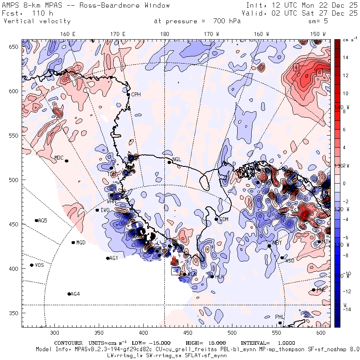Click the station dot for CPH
[x=128, y=95]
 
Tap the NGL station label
[x=177, y=160]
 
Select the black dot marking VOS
[x=32, y=265]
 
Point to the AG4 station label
[x=75, y=294]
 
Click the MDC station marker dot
[x=66, y=161]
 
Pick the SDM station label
[x=224, y=220]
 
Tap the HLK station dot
[x=212, y=276]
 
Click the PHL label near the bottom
[x=279, y=317]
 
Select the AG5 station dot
[x=36, y=220]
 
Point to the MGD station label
[x=81, y=243]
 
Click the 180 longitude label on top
[x=164, y=34]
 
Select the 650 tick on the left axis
[x=15, y=47]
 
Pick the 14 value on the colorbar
[x=346, y=58]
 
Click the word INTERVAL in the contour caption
[x=255, y=343]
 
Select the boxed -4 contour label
[x=175, y=272]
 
